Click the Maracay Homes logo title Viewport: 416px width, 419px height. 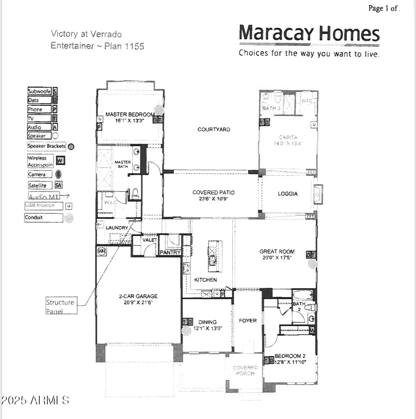pyautogui.click(x=309, y=34)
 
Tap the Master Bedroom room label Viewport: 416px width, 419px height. pyautogui.click(x=130, y=114)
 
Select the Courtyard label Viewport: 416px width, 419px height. pyautogui.click(x=214, y=129)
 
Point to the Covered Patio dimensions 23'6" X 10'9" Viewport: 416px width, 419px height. pyautogui.click(x=214, y=199)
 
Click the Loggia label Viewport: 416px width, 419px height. pyautogui.click(x=287, y=194)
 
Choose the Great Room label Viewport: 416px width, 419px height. pyautogui.click(x=277, y=251)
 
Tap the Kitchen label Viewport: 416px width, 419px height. pyautogui.click(x=205, y=280)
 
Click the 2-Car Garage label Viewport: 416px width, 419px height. pyautogui.click(x=138, y=296)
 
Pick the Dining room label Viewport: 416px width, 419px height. pyautogui.click(x=207, y=322)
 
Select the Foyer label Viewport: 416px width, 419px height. pyautogui.click(x=248, y=321)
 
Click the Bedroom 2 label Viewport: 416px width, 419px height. pyautogui.click(x=290, y=356)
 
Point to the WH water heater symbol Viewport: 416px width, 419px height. pyautogui.click(x=101, y=251)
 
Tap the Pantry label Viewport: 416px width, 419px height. pyautogui.click(x=170, y=252)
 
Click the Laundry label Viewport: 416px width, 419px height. pyautogui.click(x=117, y=228)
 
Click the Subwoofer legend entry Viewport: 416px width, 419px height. pyautogui.click(x=39, y=91)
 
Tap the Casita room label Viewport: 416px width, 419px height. pyautogui.click(x=288, y=137)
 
